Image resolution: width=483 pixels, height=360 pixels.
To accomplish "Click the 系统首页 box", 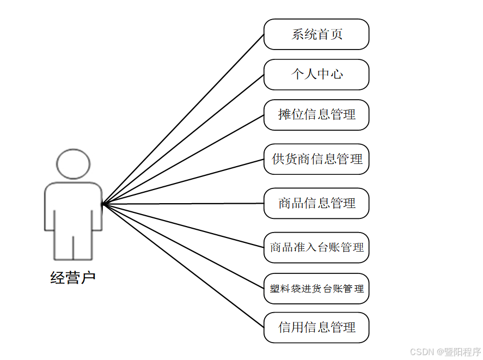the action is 316,34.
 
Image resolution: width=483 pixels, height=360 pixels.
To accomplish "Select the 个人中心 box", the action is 316,75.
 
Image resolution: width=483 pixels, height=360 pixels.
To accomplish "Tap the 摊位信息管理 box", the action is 316,115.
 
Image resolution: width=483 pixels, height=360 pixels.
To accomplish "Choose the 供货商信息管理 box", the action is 316,160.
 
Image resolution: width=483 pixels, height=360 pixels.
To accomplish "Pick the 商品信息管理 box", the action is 316,204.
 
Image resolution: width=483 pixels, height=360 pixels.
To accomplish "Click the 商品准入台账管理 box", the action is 316,248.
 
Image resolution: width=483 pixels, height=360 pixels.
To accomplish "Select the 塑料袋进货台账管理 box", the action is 316,289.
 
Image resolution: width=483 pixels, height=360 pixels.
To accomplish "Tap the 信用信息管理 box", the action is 316,327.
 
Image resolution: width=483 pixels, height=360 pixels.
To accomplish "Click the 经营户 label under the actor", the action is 73,278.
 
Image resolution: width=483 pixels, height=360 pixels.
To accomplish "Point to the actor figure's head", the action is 74,163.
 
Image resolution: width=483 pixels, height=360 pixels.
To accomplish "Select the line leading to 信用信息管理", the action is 183,266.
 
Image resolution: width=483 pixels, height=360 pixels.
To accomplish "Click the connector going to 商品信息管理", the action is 183,204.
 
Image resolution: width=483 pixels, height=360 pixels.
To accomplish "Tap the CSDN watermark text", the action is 445,351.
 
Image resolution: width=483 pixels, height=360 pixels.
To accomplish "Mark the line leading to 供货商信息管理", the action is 183,182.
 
